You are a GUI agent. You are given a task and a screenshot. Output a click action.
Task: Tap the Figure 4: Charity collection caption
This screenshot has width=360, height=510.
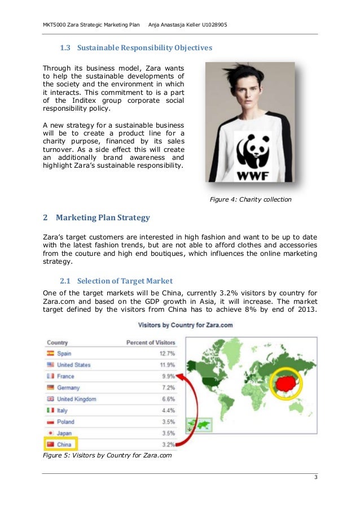(x=251, y=199)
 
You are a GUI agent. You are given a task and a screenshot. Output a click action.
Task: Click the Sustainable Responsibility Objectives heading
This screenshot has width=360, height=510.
(x=144, y=48)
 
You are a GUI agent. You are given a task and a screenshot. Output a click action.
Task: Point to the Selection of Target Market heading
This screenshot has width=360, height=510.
(x=125, y=281)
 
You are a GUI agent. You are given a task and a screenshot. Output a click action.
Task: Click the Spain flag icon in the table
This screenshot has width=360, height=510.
(x=50, y=354)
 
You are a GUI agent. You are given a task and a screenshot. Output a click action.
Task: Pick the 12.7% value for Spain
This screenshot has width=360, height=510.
(x=167, y=354)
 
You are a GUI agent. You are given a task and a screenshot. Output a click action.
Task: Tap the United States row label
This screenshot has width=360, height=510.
(x=73, y=365)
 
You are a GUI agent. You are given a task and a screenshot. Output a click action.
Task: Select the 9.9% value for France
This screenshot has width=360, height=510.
(x=168, y=376)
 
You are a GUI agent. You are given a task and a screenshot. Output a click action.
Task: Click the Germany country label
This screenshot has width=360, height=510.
(x=68, y=388)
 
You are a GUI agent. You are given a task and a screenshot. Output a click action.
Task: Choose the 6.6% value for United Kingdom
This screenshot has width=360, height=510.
(x=168, y=399)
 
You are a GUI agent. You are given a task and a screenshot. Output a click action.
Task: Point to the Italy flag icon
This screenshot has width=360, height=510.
(x=50, y=411)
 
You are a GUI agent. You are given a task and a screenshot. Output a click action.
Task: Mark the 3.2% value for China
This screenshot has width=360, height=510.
(x=168, y=444)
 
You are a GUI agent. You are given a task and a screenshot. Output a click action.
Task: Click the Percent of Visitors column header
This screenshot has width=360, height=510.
(x=150, y=342)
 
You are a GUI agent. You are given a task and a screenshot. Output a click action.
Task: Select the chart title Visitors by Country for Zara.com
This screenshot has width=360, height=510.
(x=186, y=325)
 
